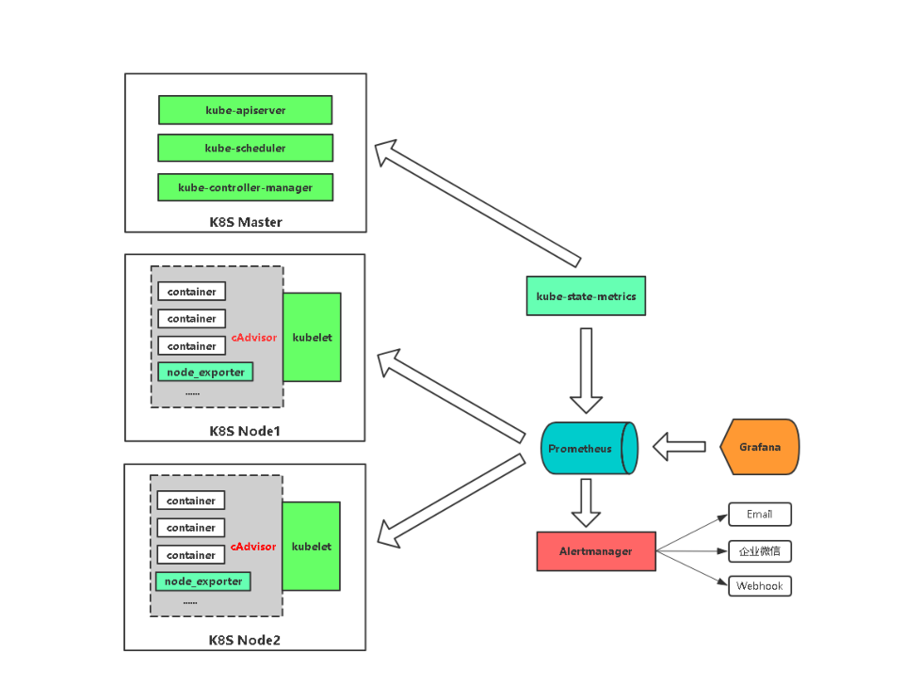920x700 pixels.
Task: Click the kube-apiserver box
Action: [245, 110]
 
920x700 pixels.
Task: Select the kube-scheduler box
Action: [245, 148]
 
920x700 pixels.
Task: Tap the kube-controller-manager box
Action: [245, 187]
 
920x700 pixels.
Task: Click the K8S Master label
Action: [245, 222]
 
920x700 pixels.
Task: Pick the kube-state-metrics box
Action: [586, 295]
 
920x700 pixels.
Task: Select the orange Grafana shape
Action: [759, 446]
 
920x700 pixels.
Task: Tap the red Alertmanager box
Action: [596, 550]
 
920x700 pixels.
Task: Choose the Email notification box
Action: [759, 514]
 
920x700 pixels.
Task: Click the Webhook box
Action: [759, 585]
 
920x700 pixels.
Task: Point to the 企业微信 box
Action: [759, 550]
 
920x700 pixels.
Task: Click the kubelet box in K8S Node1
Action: [312, 337]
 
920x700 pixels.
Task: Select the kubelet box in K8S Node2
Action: [311, 546]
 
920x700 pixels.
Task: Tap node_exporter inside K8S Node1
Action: [205, 372]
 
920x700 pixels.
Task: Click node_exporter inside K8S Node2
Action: [203, 581]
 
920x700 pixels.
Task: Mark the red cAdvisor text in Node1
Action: [254, 337]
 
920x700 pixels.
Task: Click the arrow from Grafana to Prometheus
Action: [679, 447]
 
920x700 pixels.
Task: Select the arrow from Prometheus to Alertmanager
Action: [586, 502]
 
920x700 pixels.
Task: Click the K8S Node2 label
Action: [244, 640]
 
